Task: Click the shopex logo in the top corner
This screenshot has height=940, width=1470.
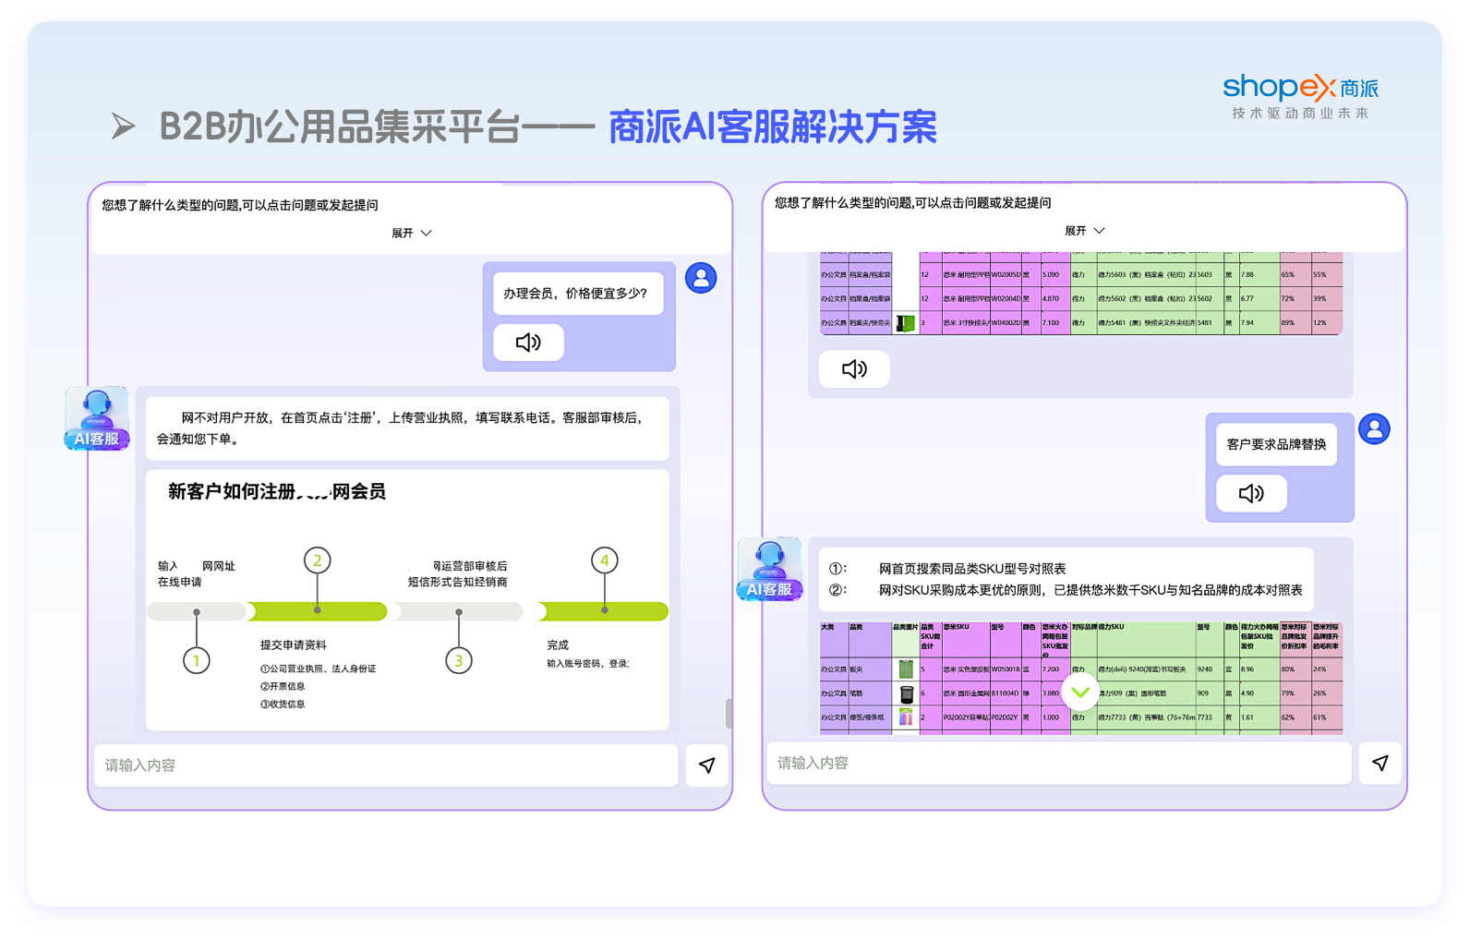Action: pos(1300,89)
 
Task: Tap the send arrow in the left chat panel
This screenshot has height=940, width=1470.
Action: pos(706,765)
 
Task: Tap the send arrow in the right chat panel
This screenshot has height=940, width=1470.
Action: pos(1380,763)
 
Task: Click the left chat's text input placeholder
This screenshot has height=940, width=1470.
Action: pos(140,765)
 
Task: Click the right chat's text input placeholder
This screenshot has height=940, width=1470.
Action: pos(813,763)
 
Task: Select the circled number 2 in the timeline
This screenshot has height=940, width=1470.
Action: pos(318,560)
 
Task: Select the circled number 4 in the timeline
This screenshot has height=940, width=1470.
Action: pos(605,560)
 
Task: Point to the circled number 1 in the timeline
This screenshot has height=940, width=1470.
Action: pos(196,660)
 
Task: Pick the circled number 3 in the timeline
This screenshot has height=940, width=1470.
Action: pos(459,660)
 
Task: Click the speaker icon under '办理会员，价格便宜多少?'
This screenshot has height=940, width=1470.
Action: pos(528,343)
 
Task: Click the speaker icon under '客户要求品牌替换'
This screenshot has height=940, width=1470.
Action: pos(1251,493)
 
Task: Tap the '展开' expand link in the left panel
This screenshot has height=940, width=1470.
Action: pos(411,234)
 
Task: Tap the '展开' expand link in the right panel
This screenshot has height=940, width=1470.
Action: pos(1084,231)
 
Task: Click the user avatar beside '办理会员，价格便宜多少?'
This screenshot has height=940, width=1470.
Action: pos(701,278)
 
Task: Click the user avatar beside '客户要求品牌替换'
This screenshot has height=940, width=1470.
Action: pos(1374,429)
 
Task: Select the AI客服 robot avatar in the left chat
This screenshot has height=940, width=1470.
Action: pos(97,418)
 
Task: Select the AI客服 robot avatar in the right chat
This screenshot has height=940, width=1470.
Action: pos(769,569)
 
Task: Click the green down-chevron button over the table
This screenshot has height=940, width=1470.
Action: pos(1080,692)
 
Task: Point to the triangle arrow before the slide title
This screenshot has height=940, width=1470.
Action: pos(123,126)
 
